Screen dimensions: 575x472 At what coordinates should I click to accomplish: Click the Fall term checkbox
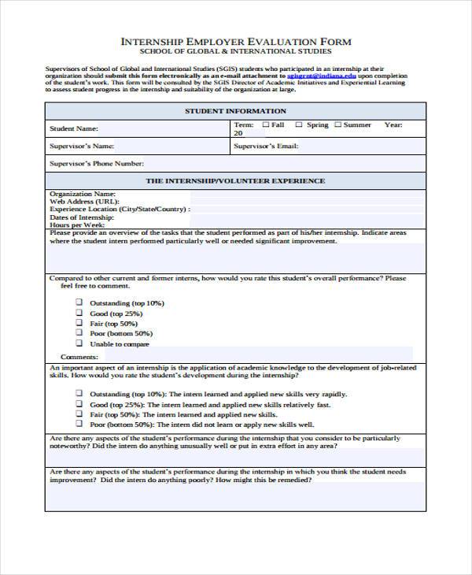267,124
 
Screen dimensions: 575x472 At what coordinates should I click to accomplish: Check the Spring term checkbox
299,124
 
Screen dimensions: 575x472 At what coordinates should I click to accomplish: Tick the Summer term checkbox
337,124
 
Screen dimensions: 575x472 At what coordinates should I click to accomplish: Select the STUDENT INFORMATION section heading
235,111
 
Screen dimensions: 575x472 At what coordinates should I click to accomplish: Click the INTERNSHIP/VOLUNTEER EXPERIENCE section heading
235,181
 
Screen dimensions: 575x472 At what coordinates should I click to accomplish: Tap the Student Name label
74,128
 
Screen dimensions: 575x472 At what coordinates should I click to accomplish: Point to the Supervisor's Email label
266,146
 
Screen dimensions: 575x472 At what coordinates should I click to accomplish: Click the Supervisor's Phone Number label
97,164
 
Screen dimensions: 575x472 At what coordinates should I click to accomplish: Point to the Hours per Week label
78,224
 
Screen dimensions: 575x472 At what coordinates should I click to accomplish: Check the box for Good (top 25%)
79,313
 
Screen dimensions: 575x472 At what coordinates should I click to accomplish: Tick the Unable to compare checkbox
79,343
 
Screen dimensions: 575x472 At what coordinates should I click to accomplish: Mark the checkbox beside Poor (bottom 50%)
79,333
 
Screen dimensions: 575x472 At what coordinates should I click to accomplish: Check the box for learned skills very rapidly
79,393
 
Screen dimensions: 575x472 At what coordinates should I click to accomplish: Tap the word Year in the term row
393,124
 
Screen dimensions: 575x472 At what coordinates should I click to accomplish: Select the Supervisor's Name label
82,146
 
